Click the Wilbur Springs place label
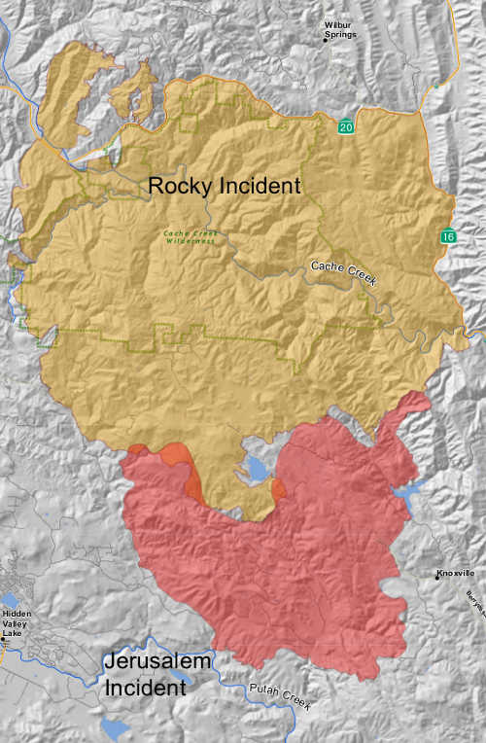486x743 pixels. coord(341,29)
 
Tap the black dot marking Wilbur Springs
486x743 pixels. coord(326,39)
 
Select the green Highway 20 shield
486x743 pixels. coord(345,127)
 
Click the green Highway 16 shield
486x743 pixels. coord(447,236)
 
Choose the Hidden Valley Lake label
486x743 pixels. coord(17,622)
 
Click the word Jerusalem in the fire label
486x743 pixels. coord(156,663)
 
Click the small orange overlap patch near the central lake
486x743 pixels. coord(278,488)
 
